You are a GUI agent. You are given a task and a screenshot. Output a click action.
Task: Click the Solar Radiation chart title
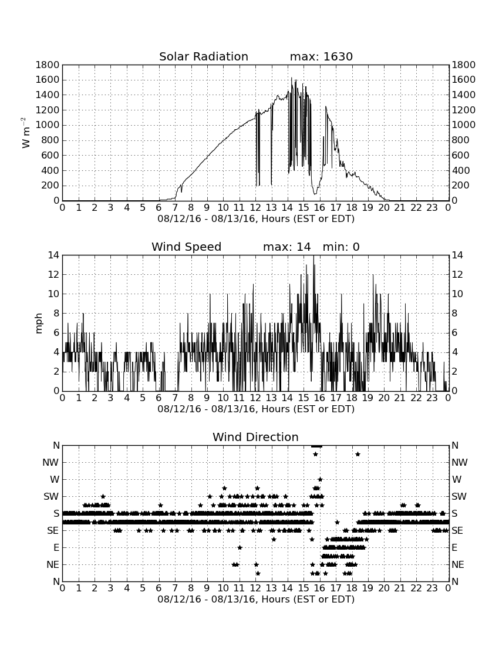click(203, 56)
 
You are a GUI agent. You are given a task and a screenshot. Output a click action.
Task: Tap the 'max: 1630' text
click(321, 56)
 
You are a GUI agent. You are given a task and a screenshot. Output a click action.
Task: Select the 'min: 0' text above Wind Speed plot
click(341, 247)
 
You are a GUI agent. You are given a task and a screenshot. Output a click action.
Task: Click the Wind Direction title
click(255, 437)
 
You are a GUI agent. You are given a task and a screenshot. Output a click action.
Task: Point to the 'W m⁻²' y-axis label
click(25, 133)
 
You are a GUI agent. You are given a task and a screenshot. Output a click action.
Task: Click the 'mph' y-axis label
click(39, 324)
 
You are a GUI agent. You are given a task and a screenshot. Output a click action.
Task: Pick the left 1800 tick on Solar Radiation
click(48, 65)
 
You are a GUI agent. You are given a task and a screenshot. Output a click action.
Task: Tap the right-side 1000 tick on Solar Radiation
click(464, 125)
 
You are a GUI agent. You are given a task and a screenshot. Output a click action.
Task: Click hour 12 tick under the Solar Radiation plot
click(255, 208)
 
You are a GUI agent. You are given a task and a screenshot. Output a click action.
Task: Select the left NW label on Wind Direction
click(50, 462)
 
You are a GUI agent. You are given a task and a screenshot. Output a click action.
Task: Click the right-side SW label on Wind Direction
click(458, 496)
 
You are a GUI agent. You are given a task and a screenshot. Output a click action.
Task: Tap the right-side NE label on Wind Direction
click(458, 564)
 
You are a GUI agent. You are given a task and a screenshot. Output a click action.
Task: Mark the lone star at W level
click(320, 480)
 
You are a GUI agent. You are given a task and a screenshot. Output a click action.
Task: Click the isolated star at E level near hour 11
click(240, 547)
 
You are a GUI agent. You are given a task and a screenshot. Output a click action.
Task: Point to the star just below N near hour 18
click(358, 454)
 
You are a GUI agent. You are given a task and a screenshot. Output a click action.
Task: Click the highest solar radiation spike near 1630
click(292, 78)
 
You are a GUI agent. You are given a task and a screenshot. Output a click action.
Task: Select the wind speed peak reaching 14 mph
click(313, 256)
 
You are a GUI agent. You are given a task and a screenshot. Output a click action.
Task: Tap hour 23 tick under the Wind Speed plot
click(432, 398)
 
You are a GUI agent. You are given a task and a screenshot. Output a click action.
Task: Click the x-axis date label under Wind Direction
click(256, 599)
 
